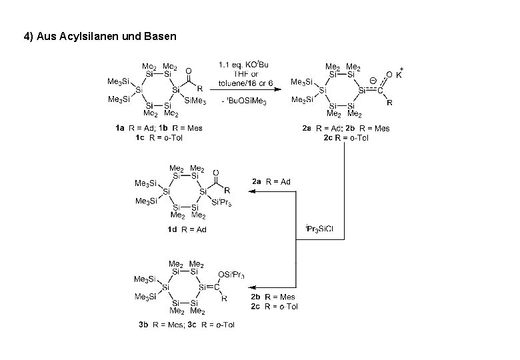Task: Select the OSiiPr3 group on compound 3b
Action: tap(231, 274)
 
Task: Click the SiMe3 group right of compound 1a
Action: tap(195, 100)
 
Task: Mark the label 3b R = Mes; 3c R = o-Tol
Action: tap(187, 325)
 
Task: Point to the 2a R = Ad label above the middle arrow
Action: tap(271, 181)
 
